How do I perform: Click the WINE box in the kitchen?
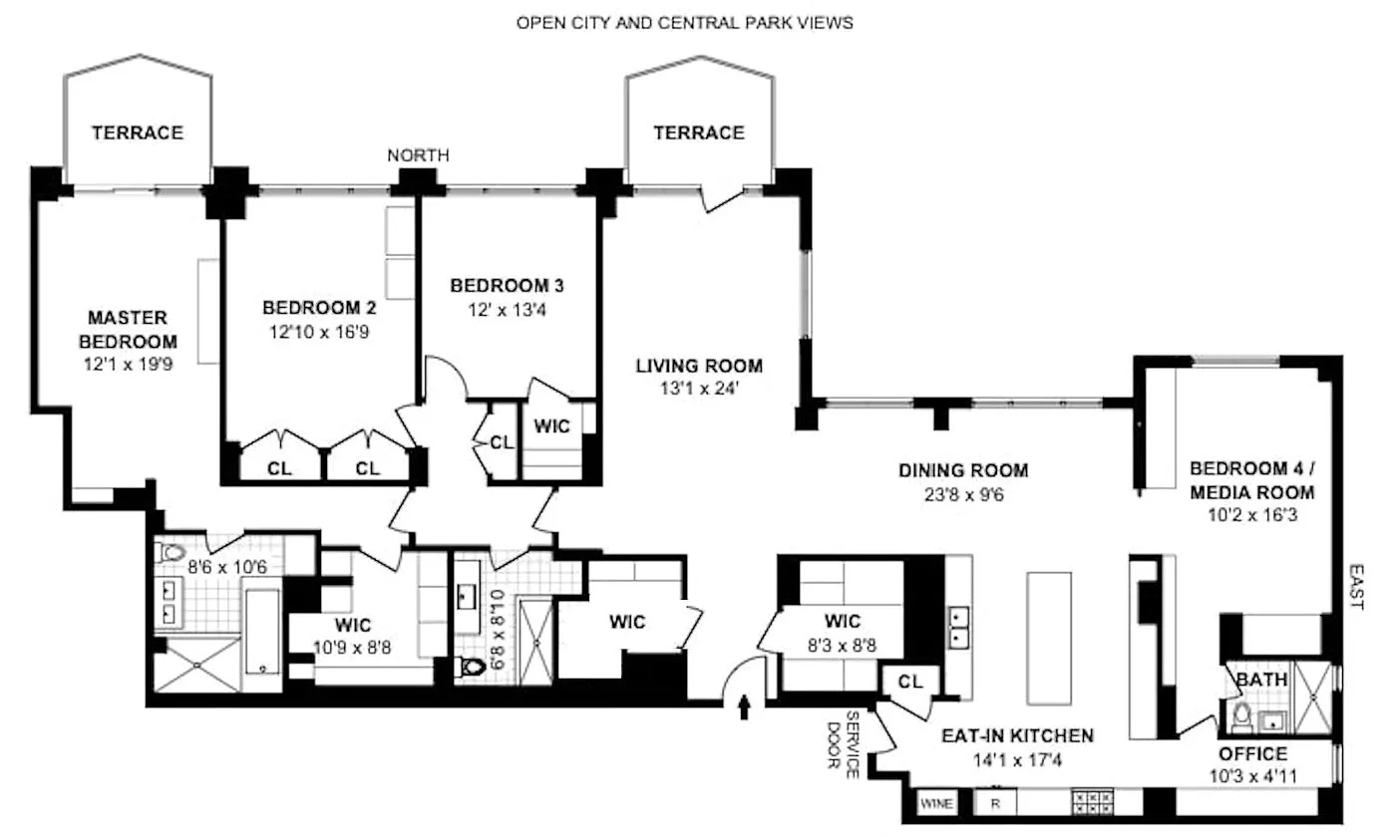[936, 803]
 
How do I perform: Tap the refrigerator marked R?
[995, 803]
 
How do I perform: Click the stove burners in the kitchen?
[1092, 802]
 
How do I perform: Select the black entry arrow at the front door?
[744, 706]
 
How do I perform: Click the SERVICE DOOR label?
[844, 744]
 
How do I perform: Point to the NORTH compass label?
[418, 155]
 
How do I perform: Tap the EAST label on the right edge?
[1357, 587]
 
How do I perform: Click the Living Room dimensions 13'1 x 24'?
[699, 389]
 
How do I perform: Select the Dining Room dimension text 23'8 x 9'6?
[963, 495]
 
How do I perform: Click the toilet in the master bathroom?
[171, 552]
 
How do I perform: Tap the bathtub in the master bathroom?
[262, 631]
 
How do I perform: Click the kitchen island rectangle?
[1049, 639]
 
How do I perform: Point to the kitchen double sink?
[958, 628]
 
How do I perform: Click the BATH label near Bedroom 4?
[1261, 680]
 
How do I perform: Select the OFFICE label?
[1253, 754]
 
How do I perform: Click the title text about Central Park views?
[684, 23]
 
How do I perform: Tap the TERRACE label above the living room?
[699, 133]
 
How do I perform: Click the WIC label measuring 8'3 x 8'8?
[842, 621]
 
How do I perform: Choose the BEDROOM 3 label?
[507, 286]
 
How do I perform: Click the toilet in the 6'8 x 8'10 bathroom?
[473, 667]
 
